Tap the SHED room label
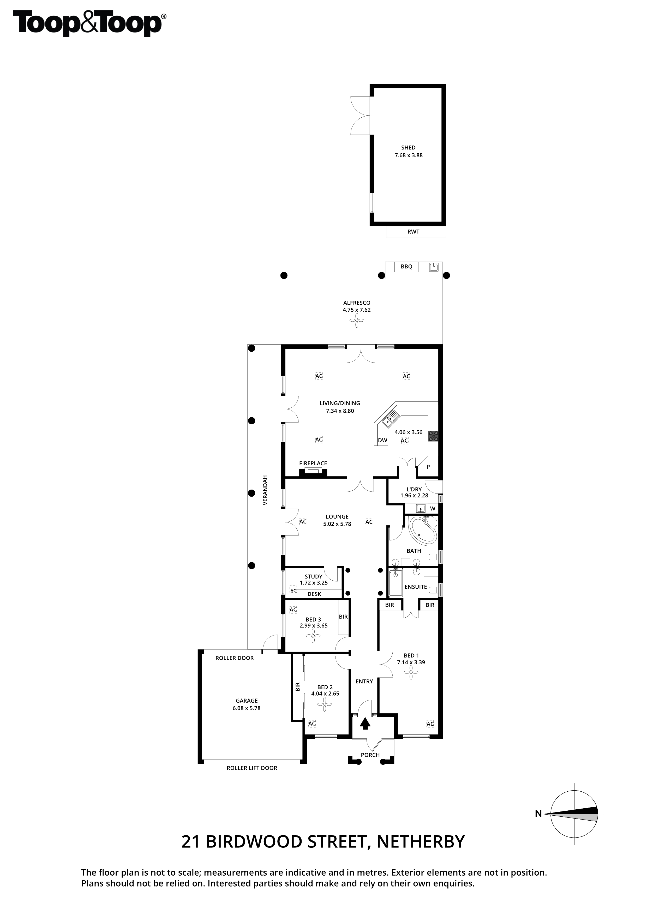(x=408, y=147)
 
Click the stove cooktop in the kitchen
(x=433, y=436)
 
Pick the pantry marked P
(x=428, y=467)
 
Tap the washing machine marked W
(x=433, y=509)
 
